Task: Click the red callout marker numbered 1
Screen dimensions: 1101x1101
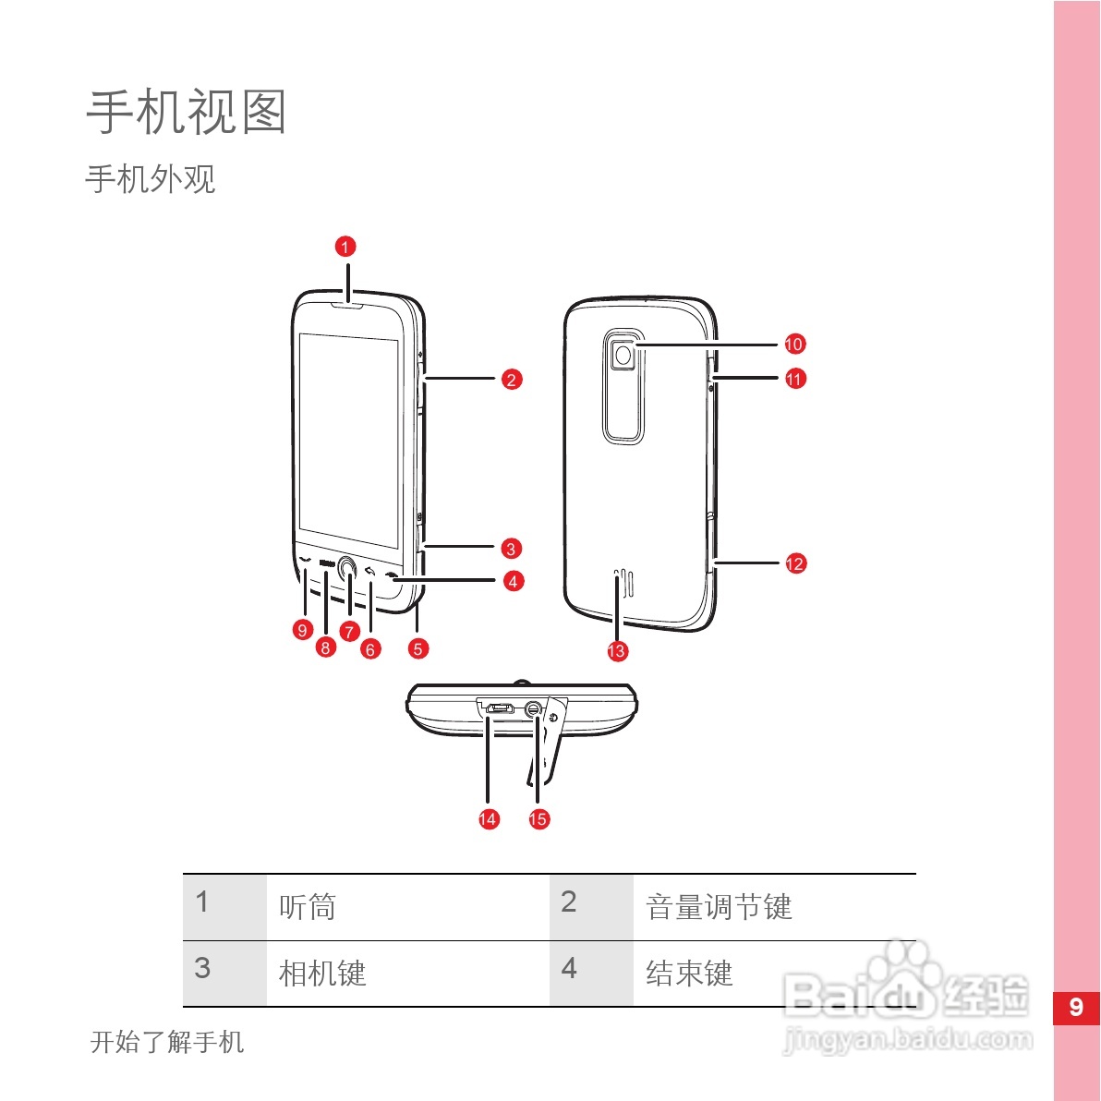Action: [x=345, y=247]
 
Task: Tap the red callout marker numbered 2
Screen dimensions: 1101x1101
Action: [x=512, y=379]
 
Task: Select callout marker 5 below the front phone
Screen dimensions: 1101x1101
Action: [x=417, y=648]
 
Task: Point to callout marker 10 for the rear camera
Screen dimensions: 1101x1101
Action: [x=794, y=345]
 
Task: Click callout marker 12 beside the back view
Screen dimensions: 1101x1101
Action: [x=795, y=563]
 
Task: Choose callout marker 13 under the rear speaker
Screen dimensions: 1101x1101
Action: [x=616, y=651]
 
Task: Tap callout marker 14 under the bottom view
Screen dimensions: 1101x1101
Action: [x=488, y=818]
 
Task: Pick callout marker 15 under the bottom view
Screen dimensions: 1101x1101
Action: [x=538, y=818]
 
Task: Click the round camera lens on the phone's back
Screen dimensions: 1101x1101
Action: [x=625, y=355]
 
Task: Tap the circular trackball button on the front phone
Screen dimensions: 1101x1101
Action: [x=347, y=570]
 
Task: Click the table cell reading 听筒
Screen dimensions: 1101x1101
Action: [x=308, y=907]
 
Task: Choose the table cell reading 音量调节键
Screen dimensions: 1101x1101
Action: [x=719, y=907]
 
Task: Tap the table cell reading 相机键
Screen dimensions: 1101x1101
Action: [x=322, y=974]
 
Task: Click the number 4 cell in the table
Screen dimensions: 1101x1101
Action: [x=569, y=968]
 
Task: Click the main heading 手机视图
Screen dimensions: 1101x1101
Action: [x=187, y=113]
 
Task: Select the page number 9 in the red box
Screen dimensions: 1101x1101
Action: [x=1076, y=1007]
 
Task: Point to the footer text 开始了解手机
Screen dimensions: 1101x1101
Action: [x=167, y=1042]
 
